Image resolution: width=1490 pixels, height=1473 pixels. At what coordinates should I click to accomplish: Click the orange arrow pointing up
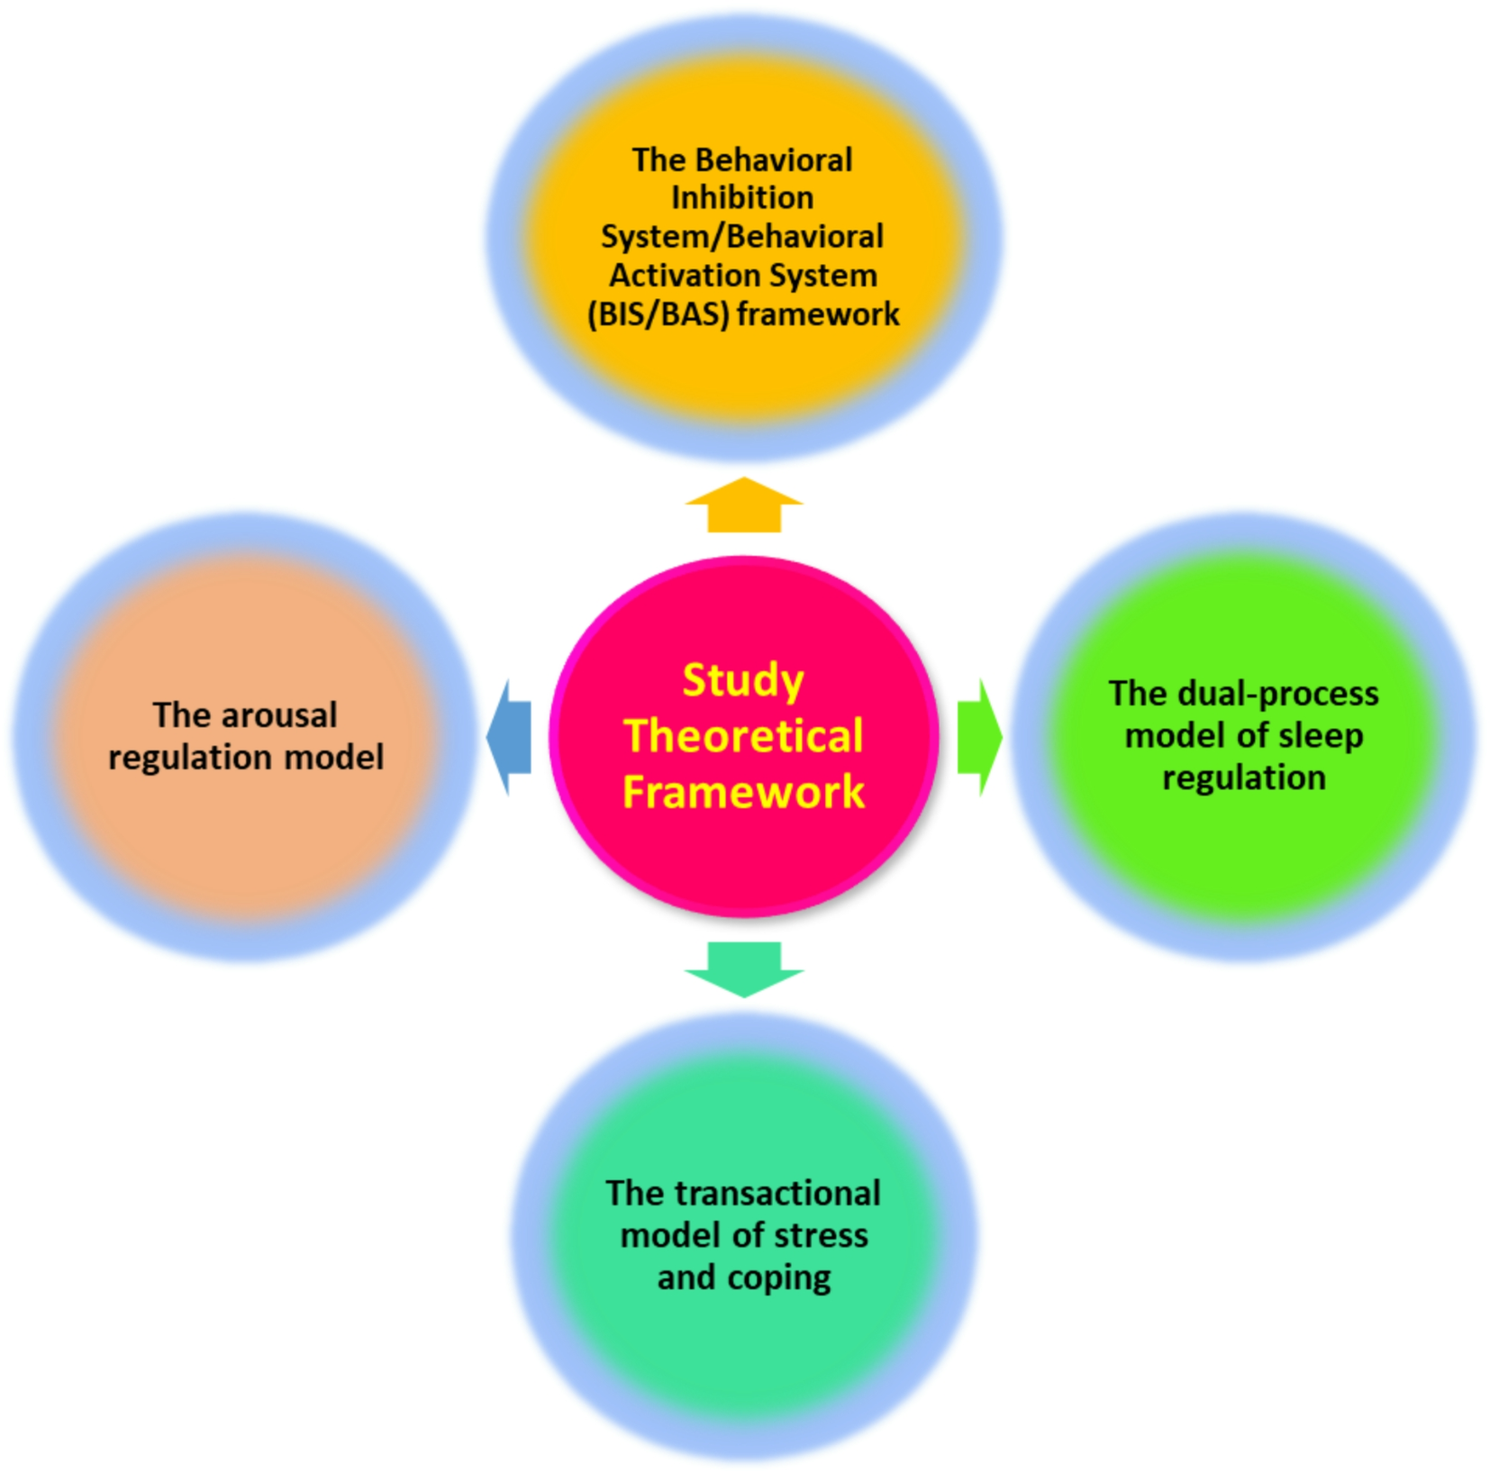(743, 506)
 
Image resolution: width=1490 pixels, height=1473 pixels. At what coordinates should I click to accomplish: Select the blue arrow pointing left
(509, 737)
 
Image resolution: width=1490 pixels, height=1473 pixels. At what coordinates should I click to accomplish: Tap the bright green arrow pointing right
(979, 737)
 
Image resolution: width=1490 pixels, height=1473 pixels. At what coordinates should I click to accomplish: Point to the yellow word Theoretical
(743, 736)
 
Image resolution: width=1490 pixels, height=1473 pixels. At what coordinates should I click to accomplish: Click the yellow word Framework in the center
(743, 792)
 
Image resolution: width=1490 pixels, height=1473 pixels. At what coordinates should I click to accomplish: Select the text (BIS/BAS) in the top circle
(657, 314)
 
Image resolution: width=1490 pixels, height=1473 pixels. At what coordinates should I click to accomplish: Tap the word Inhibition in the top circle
(742, 197)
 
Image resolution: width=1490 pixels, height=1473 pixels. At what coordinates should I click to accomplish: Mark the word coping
(779, 1278)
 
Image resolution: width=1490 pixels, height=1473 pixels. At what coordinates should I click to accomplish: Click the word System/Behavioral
(742, 237)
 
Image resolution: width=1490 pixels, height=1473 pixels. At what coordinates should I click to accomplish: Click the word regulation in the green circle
(1243, 777)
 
